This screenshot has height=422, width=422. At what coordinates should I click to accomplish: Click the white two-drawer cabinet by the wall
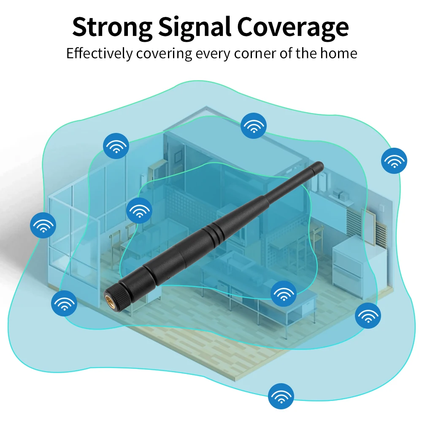349,264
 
